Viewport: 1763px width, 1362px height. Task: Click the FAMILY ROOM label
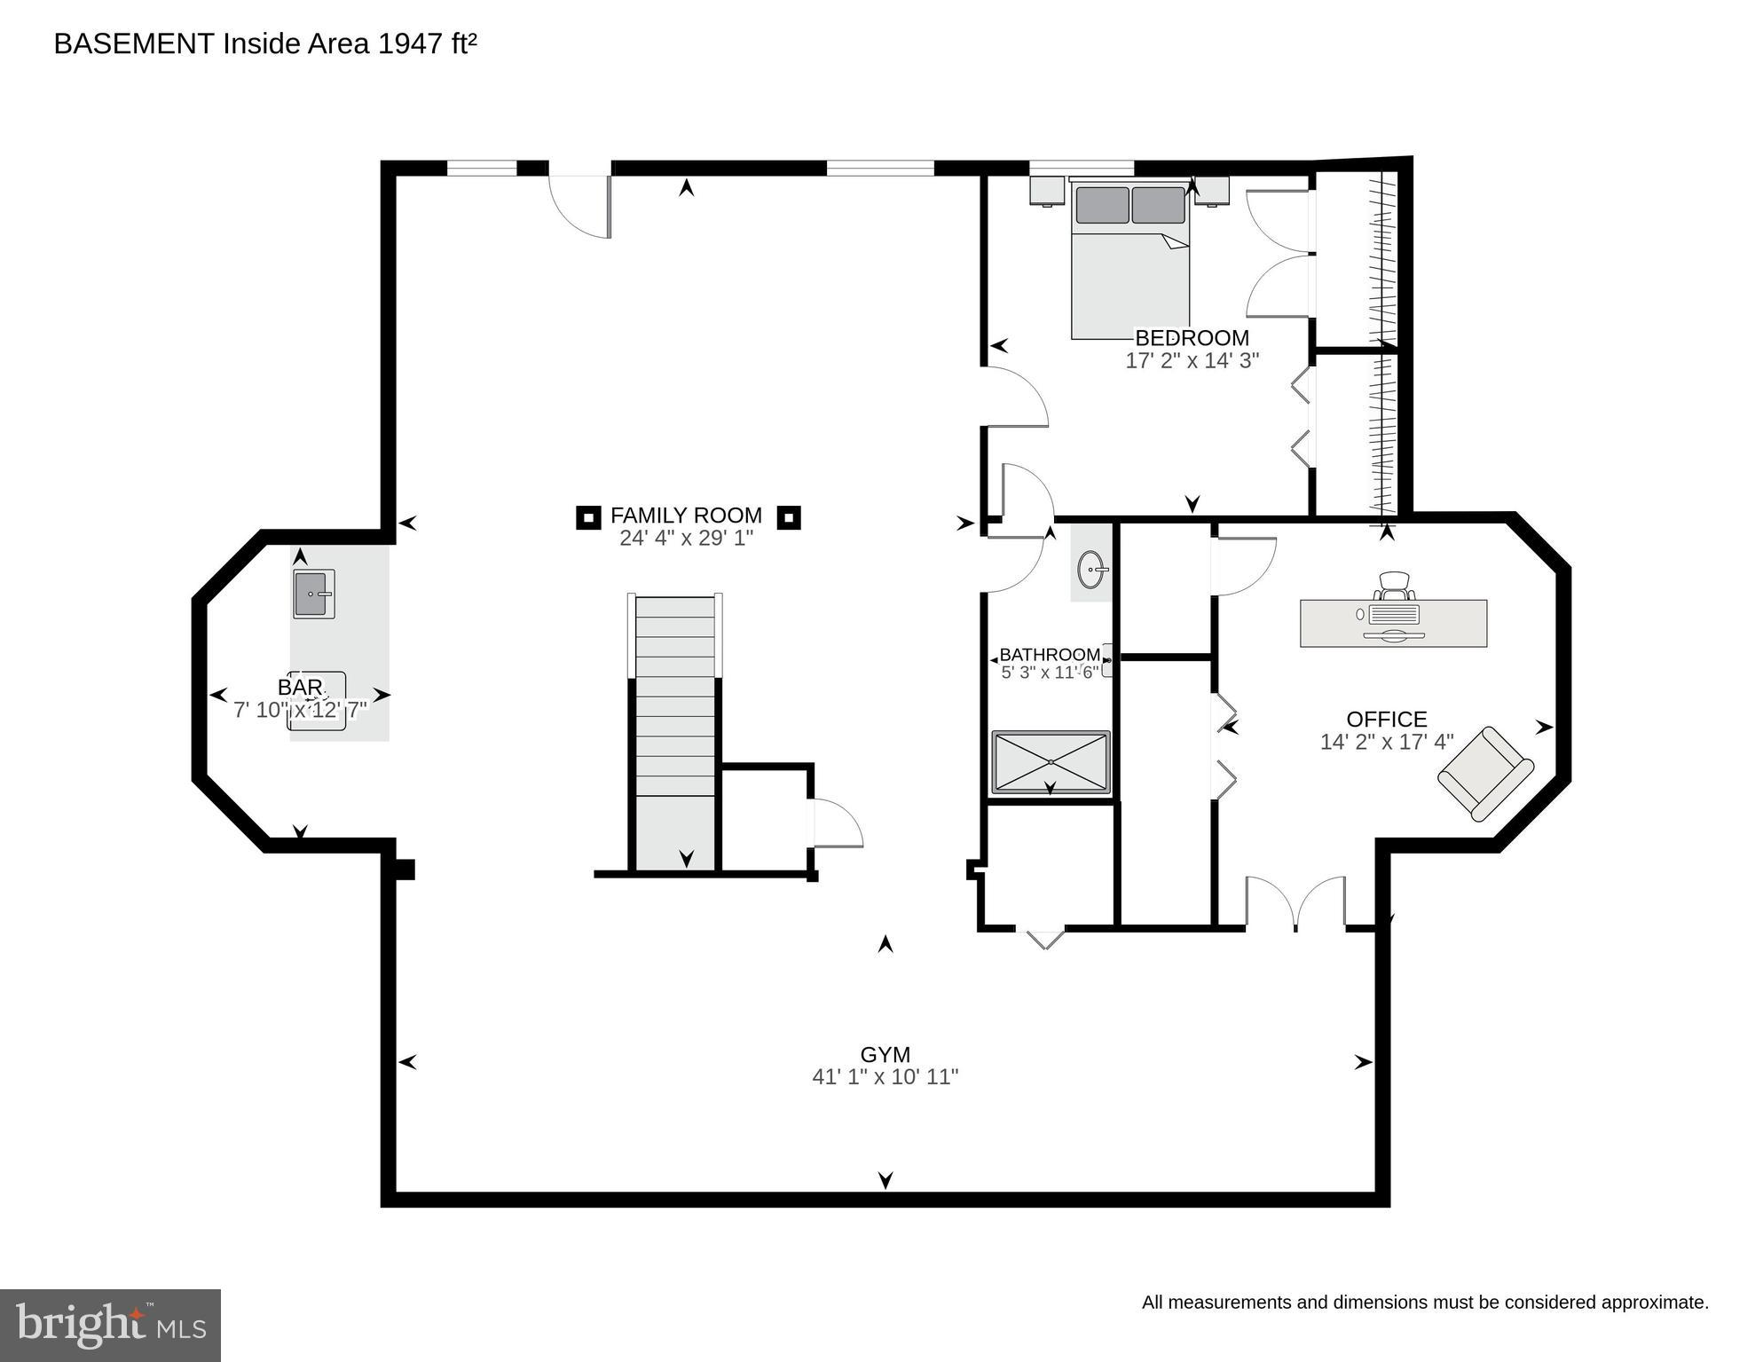(686, 516)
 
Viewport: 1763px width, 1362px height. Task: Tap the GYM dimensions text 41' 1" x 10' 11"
(885, 1077)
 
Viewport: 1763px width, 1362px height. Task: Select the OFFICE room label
(1386, 720)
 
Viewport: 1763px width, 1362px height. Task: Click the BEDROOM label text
(1192, 338)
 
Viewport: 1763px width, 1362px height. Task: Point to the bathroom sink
(1092, 568)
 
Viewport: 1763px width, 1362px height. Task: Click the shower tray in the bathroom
(1051, 761)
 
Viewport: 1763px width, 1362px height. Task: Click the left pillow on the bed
(1102, 205)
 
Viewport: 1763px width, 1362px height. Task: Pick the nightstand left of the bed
(1047, 191)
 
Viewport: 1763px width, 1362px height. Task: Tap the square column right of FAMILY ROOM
(789, 517)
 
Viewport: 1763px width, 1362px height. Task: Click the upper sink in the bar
(314, 594)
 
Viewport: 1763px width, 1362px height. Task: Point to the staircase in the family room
(675, 728)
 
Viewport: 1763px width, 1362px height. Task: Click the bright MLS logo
(110, 1325)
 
